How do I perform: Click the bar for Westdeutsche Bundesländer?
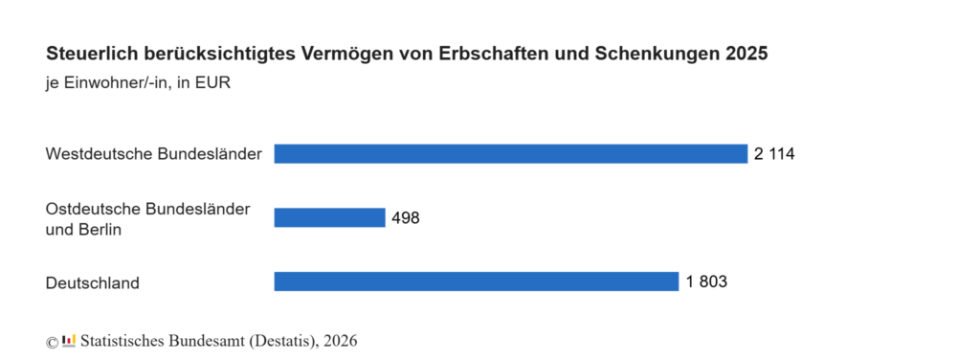tap(511, 154)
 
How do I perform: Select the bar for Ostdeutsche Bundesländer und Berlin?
tap(329, 217)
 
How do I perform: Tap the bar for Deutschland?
tap(477, 281)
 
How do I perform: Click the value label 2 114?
tap(774, 154)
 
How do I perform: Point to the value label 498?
tap(406, 218)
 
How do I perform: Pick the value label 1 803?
tap(706, 281)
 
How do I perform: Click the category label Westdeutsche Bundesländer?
tap(154, 154)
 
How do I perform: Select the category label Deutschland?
tap(93, 283)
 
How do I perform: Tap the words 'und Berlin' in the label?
tap(84, 230)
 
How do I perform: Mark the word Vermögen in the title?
tap(339, 55)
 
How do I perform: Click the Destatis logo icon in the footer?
tap(69, 340)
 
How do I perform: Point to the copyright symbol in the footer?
tap(52, 342)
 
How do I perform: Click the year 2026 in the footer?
tap(341, 341)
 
